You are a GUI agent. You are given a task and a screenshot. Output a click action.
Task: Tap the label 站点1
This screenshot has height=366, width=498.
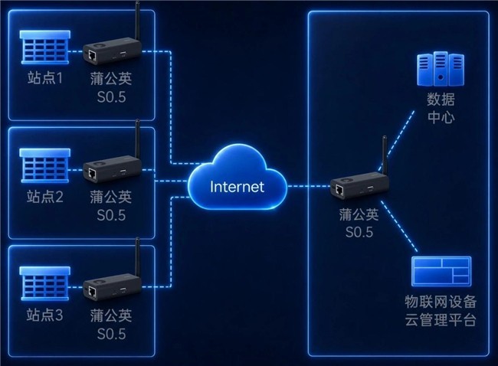tap(44, 78)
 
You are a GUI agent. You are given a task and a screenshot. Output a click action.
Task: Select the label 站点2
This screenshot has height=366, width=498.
tap(44, 197)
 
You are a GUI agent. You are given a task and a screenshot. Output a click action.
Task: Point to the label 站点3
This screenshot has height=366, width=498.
tap(44, 315)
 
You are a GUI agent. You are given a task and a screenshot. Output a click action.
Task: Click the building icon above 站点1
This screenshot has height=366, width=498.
tap(44, 47)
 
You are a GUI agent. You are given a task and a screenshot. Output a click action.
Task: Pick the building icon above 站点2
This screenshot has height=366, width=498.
tap(44, 165)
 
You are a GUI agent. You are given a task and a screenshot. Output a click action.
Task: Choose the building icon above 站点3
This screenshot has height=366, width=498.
tap(44, 283)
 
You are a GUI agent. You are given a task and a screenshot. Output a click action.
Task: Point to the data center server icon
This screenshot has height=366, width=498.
tap(441, 69)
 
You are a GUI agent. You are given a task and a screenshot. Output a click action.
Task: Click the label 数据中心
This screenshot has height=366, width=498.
tap(441, 108)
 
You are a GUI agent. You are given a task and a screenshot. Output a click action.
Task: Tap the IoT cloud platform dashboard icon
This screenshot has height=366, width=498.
tap(441, 271)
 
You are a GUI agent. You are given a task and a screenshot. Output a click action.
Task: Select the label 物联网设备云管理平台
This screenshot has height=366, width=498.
tap(441, 310)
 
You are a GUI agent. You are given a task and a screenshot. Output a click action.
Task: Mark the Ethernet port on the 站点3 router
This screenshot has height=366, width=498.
tap(93, 292)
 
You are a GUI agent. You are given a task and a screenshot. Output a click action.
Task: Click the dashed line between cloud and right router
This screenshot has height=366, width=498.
tap(309, 186)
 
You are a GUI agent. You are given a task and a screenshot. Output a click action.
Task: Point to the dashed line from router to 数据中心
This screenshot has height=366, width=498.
tap(396, 141)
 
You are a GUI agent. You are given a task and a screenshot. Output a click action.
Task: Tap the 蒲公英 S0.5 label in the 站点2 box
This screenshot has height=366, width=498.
tap(111, 206)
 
